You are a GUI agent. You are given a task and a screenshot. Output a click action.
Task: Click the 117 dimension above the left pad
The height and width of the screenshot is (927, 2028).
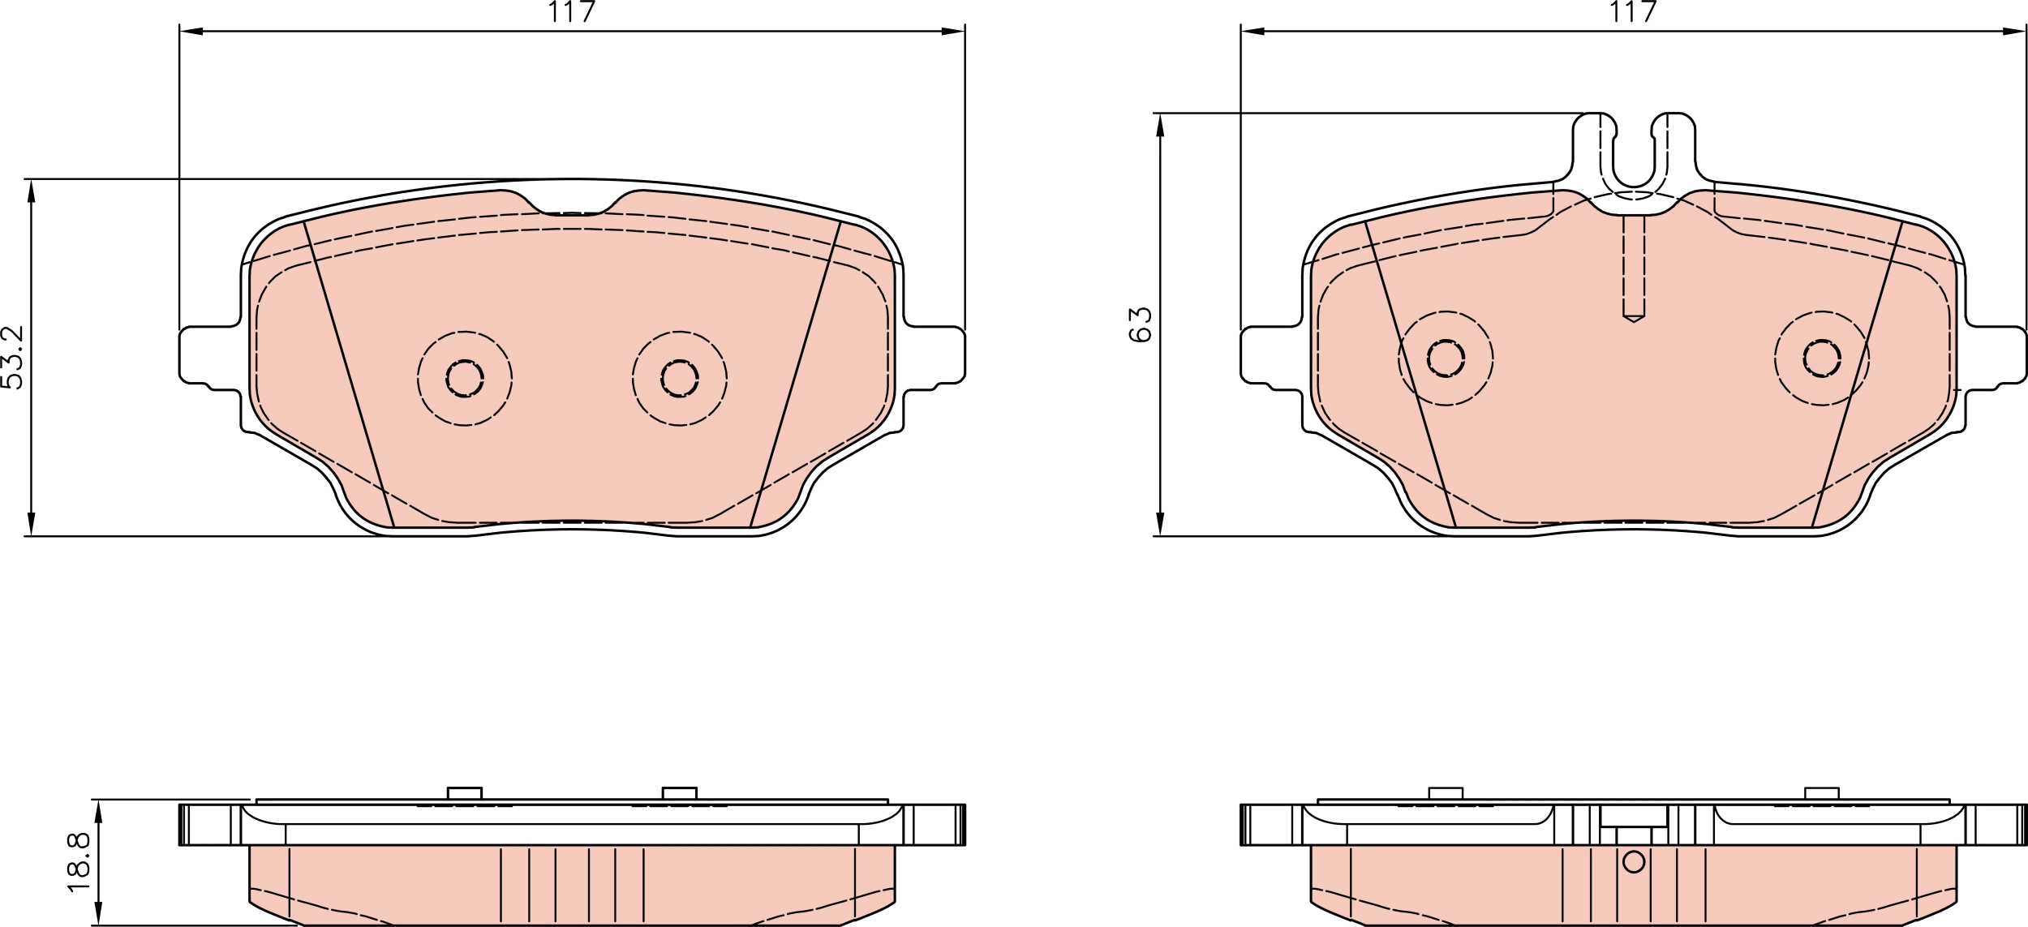572,12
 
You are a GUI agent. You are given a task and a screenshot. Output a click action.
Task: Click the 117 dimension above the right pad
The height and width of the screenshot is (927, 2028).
1633,12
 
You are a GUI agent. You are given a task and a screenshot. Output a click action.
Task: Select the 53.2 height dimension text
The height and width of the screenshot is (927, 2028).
13,357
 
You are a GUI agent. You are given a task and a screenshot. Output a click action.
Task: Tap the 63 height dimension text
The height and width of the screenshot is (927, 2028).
1141,325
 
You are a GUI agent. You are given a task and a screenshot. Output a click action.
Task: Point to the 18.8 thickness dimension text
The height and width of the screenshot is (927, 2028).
79,863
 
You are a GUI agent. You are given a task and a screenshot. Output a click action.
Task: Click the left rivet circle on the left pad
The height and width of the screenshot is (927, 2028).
465,378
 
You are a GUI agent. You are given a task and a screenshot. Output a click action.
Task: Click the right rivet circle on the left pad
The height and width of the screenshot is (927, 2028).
680,378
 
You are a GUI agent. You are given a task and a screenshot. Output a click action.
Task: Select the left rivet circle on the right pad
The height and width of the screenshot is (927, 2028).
1446,358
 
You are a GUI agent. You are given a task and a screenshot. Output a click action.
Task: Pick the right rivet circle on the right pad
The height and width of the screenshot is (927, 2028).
1822,358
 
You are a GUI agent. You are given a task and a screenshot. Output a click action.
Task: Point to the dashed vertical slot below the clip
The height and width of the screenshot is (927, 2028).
1634,268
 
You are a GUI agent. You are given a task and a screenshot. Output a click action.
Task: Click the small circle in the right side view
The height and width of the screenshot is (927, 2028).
1634,862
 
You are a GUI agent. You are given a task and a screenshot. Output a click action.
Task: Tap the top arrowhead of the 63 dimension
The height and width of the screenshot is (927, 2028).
1160,126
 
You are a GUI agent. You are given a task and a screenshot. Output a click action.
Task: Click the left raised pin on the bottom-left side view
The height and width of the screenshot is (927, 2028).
465,792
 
